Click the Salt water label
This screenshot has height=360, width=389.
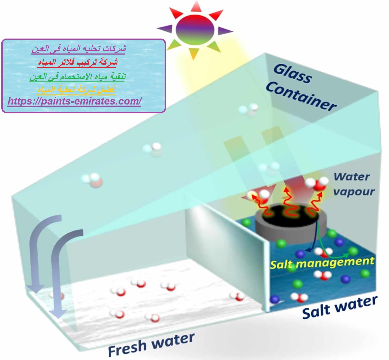point(340,307)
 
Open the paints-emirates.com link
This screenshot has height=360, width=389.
point(74,101)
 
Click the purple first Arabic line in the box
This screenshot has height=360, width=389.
point(79,49)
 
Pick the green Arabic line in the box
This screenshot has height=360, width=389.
point(77,76)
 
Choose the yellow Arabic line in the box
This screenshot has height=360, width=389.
point(76,90)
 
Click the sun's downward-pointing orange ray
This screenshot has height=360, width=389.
point(193,54)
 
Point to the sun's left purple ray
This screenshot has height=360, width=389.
point(165,29)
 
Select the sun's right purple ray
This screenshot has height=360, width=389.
point(225,30)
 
